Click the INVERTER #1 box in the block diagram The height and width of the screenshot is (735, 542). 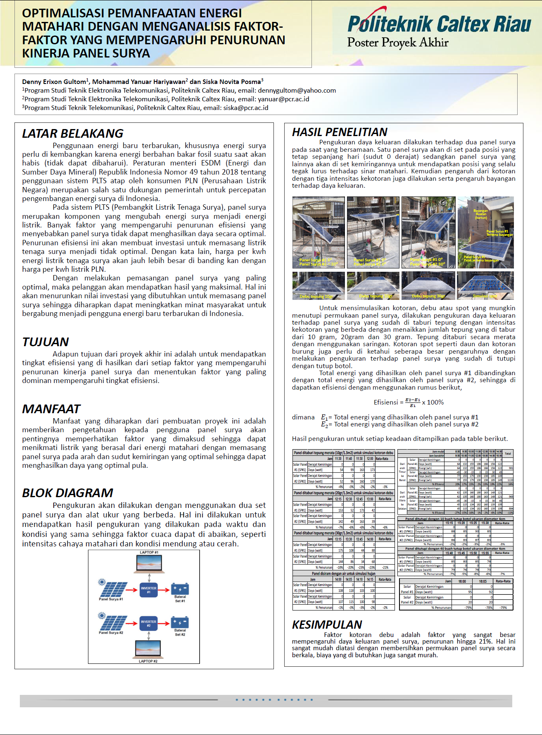(149, 590)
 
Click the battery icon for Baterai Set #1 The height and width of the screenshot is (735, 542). (180, 589)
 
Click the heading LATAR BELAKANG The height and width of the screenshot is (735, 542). (73, 134)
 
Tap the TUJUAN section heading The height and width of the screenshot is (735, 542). (45, 342)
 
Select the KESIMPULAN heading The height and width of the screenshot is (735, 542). (327, 625)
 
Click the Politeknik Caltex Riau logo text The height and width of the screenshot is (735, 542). (439, 24)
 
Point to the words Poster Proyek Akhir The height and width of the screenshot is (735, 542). (398, 43)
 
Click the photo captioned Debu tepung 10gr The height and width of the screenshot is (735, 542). (319, 285)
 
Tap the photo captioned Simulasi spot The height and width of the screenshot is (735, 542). (485, 285)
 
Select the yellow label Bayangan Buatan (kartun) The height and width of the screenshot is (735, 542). (481, 214)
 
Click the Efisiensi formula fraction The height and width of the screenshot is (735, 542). (413, 402)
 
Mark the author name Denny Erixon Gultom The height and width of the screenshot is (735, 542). (55, 82)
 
